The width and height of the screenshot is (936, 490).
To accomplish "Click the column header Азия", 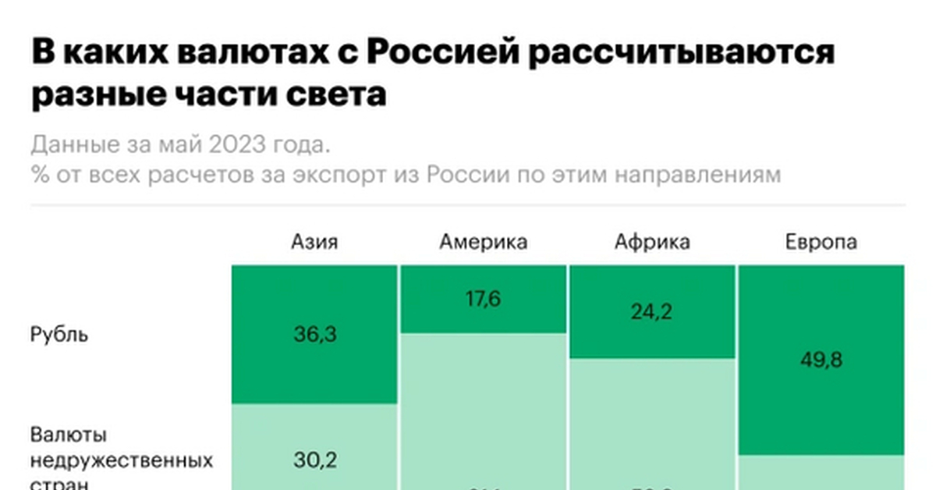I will pos(314,242).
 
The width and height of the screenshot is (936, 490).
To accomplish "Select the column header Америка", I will pos(483,242).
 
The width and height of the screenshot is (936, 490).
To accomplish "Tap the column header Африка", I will pos(652,242).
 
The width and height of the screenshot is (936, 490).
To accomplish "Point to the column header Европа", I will pos(821,242).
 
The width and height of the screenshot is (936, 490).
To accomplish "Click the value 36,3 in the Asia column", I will pos(314,335).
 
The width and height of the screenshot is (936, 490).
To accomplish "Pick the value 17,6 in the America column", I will pos(483,300).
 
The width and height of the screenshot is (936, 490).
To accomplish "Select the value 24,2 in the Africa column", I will pos(652,312).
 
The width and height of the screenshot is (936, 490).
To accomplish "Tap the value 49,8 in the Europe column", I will pos(821,360).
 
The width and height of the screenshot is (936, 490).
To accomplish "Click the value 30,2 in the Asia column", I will pos(314,460).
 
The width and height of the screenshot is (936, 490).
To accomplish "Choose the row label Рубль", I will pos(59,336).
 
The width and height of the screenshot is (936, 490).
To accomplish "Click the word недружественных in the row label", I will pos(122,460).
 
